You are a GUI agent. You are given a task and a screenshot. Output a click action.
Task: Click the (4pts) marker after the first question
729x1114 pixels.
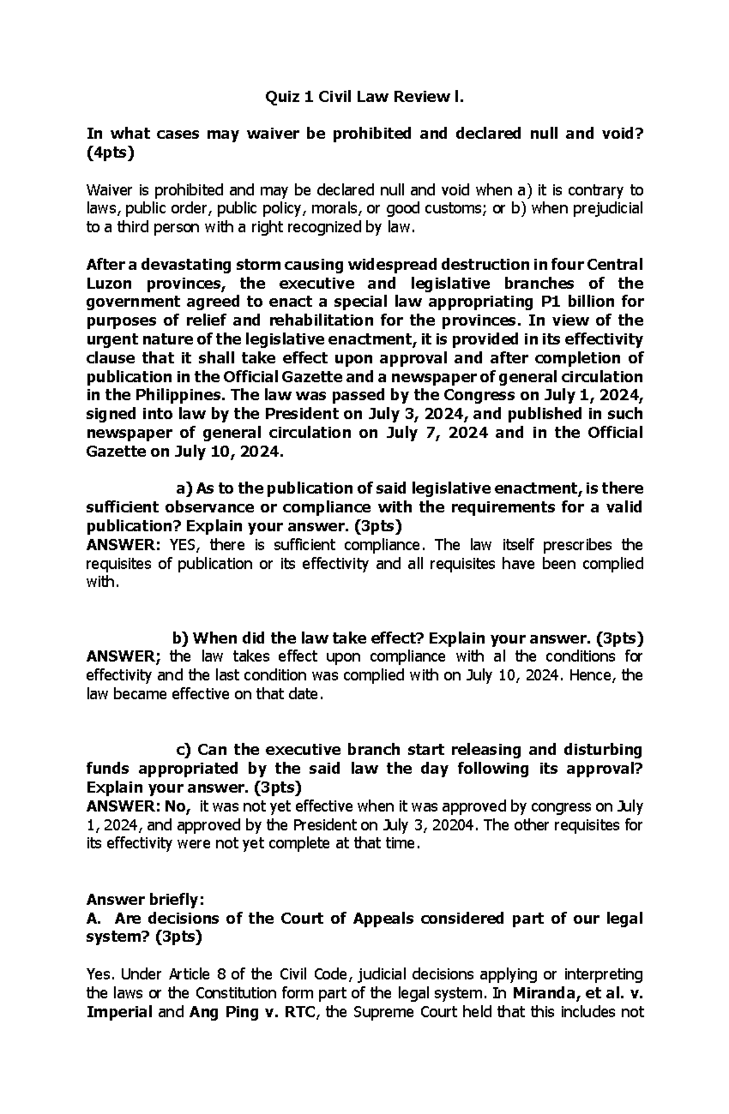pyautogui.click(x=110, y=152)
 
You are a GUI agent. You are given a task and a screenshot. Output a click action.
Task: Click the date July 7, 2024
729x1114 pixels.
pyautogui.click(x=437, y=433)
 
